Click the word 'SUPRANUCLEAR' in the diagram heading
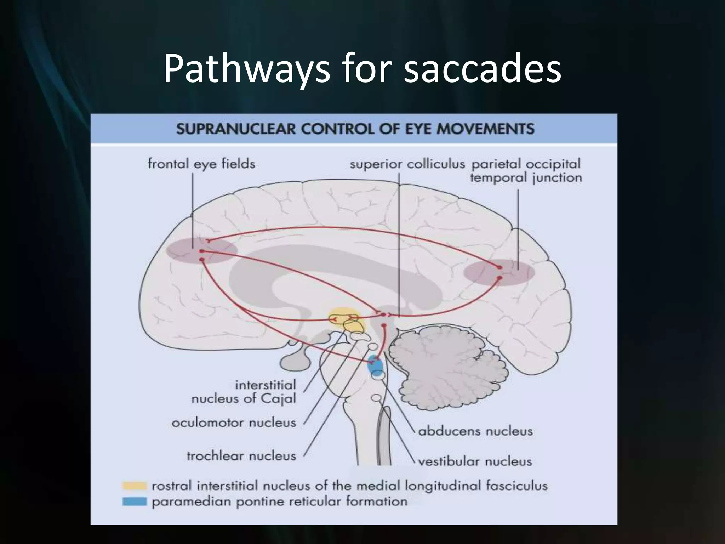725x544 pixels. point(235,129)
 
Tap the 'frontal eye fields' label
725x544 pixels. point(201,164)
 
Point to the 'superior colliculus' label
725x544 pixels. point(407,164)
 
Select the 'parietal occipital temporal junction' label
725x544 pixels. point(526,171)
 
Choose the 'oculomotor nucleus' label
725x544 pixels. point(234,423)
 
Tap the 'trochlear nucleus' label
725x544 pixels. point(241,456)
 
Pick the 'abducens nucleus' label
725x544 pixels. point(475,431)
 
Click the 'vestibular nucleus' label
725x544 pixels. point(475,461)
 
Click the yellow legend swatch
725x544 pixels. point(134,486)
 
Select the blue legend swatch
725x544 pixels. point(134,501)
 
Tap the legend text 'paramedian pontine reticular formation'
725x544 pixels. point(279,501)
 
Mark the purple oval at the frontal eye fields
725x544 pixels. point(201,251)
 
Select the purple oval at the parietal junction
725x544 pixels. point(499,272)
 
